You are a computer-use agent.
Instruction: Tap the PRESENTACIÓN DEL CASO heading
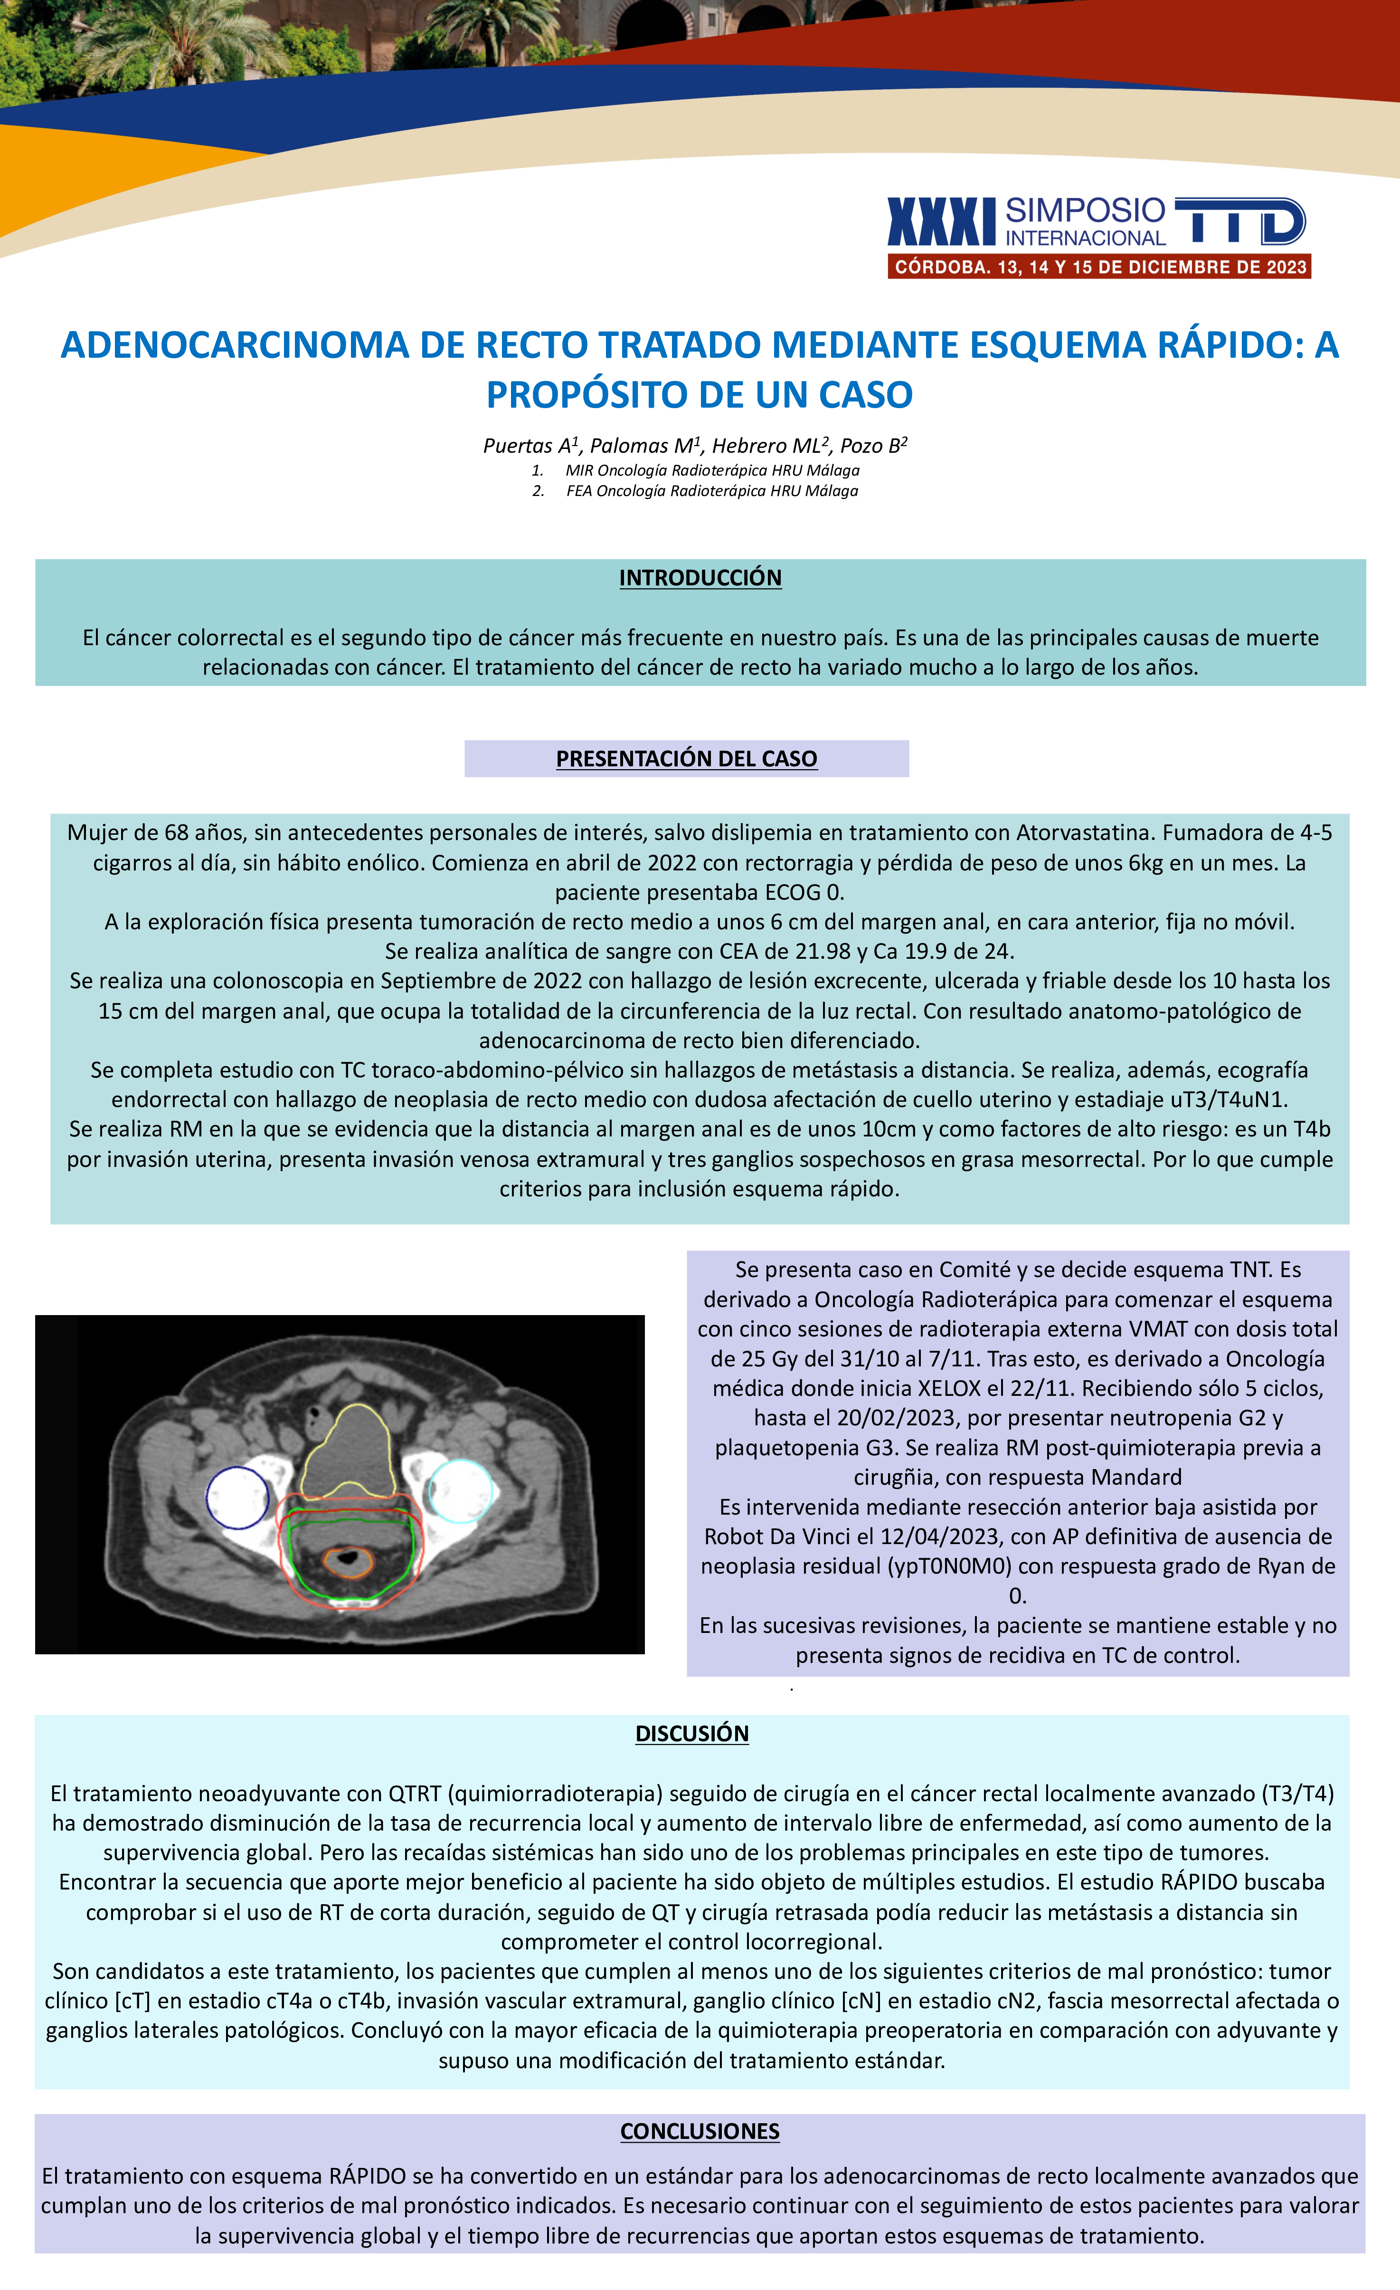click(687, 758)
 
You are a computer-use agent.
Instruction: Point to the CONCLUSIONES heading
click(700, 2131)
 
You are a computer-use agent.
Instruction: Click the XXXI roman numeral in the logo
click(941, 222)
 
